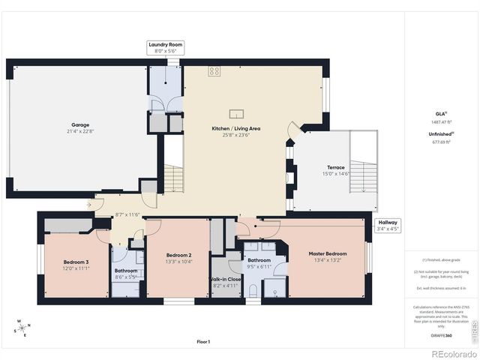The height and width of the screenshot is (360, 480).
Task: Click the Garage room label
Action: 80,124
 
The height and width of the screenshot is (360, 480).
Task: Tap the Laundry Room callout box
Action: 164,49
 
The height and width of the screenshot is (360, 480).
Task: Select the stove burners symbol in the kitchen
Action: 214,72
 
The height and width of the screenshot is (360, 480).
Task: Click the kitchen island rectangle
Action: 237,114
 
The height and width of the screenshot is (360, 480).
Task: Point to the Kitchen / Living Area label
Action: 235,129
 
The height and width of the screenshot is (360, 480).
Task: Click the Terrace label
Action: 335,167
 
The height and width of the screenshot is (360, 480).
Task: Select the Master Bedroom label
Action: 327,253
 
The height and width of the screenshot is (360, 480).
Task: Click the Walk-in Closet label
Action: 225,278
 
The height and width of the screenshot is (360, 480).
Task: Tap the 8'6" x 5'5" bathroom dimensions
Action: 125,277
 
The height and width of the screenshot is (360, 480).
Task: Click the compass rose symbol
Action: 22,328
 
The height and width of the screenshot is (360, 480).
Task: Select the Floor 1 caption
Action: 203,341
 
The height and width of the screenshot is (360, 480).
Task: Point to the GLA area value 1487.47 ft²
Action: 441,121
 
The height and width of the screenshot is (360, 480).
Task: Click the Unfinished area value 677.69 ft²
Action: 441,140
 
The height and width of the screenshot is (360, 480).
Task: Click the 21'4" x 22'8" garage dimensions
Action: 80,131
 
